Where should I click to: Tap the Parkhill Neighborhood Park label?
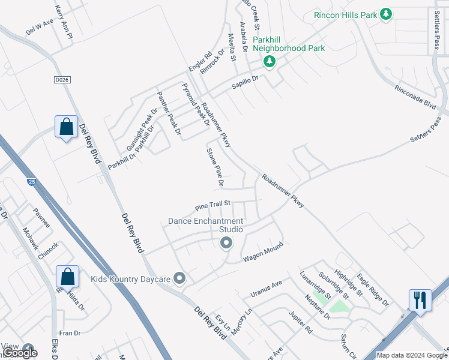pos(288,44)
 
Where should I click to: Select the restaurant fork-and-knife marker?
pos(419,299)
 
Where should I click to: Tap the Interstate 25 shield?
pos(30,181)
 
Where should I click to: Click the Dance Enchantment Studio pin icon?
pos(226,242)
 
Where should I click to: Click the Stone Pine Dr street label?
pos(215,167)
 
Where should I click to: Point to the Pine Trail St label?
pos(213,206)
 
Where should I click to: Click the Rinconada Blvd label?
pos(414,97)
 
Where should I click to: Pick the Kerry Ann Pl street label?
pos(64,23)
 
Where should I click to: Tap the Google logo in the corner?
pos(20,353)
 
